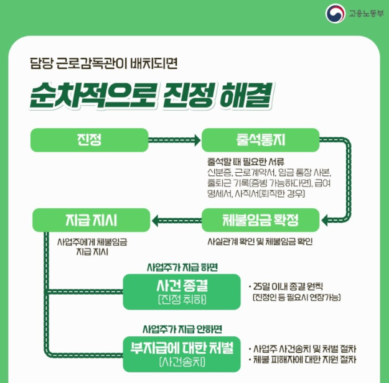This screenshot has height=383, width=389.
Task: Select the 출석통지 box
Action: [x=260, y=140]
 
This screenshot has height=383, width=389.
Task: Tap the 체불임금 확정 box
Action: [x=260, y=219]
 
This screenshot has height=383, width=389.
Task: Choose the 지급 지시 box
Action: [x=91, y=219]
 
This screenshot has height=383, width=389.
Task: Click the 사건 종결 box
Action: [x=182, y=292]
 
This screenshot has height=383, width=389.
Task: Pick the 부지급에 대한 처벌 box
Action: [x=182, y=351]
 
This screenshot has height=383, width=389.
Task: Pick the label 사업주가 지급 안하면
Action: [x=182, y=328]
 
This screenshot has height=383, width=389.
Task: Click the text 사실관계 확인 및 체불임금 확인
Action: [x=260, y=240]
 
